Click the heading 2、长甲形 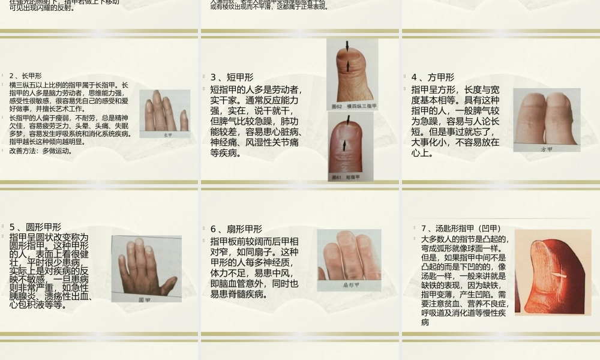[25, 76]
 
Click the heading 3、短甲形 [232, 77]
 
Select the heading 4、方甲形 [433, 77]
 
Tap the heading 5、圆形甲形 [35, 227]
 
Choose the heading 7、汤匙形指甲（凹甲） [461, 228]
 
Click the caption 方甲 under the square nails [546, 149]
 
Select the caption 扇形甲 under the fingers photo [350, 286]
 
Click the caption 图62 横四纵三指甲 [354, 106]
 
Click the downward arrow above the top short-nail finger [347, 46]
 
